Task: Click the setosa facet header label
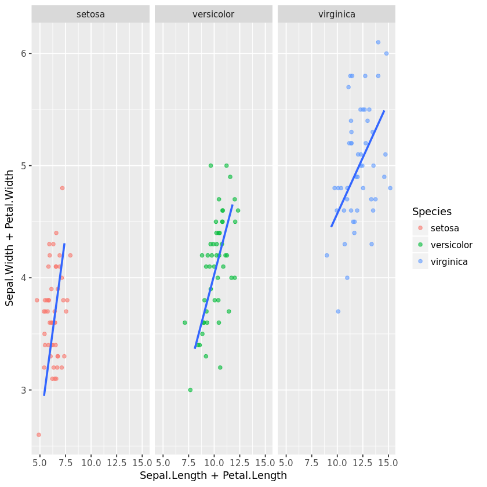click(x=90, y=14)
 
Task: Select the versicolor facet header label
click(x=213, y=14)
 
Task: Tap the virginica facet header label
click(x=337, y=14)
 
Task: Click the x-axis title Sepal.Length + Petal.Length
click(x=213, y=475)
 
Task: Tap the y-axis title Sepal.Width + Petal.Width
click(x=10, y=238)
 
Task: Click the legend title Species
click(x=432, y=212)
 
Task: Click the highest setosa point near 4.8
click(x=62, y=188)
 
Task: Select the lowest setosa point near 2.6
click(x=39, y=435)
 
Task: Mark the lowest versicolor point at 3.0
click(x=190, y=390)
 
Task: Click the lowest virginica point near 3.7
click(x=338, y=311)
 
